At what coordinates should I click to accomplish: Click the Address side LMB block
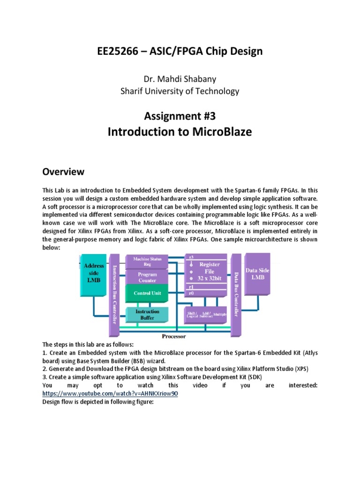94,272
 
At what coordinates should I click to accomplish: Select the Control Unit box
147,293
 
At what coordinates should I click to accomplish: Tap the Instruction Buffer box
147,314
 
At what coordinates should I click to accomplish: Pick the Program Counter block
147,277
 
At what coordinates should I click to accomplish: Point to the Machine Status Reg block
147,261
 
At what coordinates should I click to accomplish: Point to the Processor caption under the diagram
173,336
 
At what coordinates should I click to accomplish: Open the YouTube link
110,394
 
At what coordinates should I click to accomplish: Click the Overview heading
63,172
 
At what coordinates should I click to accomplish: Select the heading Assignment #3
180,116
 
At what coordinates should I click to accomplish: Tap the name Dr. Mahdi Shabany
180,78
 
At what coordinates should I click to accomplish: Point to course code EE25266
119,52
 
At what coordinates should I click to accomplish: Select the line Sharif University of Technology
180,91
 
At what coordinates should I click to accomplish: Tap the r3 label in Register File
190,257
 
